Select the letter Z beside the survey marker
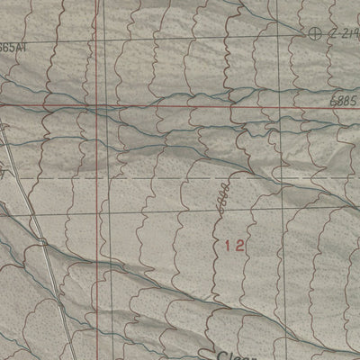[332, 32]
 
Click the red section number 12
[235, 244]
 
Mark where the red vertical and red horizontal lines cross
[96, 105]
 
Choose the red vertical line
[96, 225]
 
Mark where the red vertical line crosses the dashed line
[96, 177]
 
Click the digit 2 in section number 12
[241, 244]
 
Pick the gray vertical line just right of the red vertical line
[109, 225]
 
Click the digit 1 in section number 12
[228, 244]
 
